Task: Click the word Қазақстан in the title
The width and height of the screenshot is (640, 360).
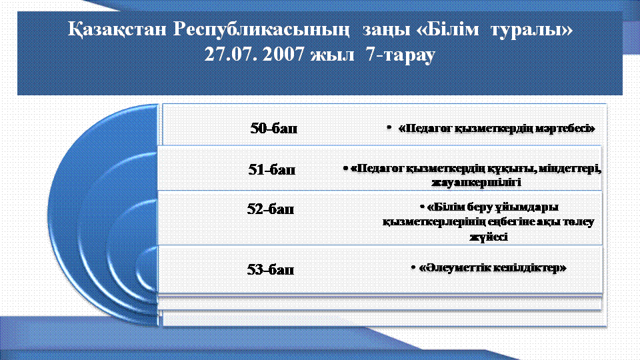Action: (x=117, y=30)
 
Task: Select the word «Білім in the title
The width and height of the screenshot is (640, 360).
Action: (x=447, y=29)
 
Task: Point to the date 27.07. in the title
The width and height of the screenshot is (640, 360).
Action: (x=231, y=54)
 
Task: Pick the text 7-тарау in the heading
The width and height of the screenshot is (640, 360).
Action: (x=401, y=54)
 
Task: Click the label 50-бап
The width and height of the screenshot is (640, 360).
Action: (x=274, y=128)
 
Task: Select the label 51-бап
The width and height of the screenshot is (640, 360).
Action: (x=272, y=169)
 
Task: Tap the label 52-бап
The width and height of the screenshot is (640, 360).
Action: (x=271, y=209)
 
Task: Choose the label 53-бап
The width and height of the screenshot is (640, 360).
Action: (x=271, y=269)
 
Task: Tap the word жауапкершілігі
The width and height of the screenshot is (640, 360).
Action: (x=476, y=182)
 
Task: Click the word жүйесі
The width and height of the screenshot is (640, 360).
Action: (x=489, y=237)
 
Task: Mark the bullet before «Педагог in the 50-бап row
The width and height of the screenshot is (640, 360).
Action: (x=389, y=128)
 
